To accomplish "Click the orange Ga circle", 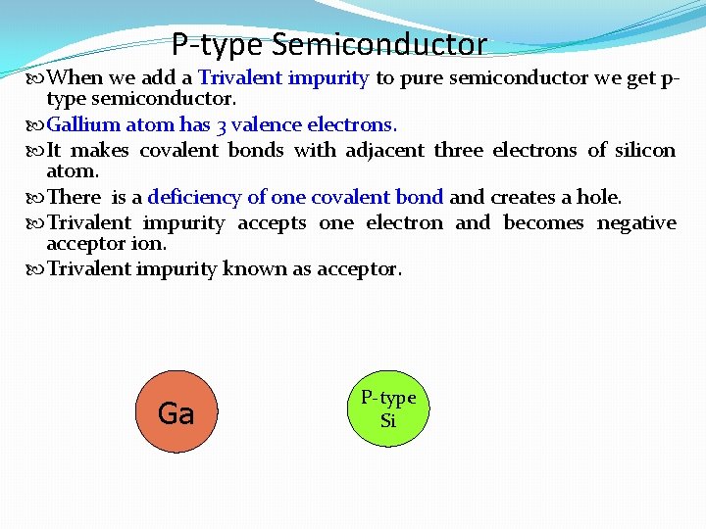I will click(x=176, y=411).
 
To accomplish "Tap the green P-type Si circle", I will click(x=388, y=409).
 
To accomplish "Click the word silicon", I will click(x=644, y=150).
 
